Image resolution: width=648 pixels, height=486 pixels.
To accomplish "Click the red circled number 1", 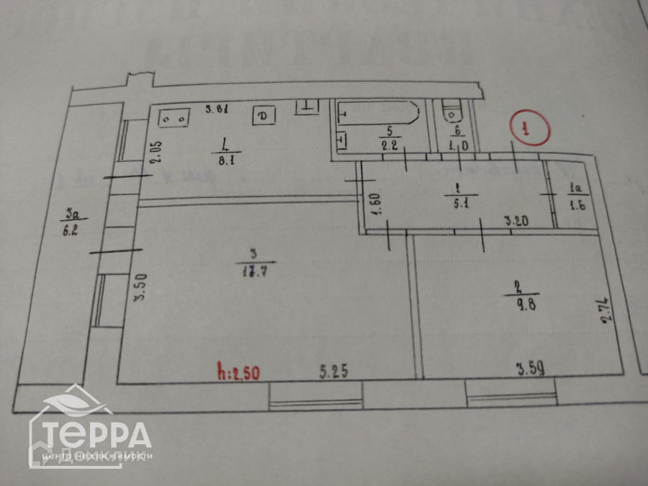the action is [528, 129].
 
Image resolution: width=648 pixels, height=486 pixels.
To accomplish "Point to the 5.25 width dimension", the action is [334, 372].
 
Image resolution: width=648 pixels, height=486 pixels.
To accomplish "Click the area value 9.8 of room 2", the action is [525, 303].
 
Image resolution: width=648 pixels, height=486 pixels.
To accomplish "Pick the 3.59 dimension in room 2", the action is [530, 370].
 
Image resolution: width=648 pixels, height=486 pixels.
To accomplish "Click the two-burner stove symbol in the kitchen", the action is [174, 117].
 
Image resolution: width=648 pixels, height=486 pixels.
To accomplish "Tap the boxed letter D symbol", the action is [263, 115].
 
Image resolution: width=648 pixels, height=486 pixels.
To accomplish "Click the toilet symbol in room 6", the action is [451, 113].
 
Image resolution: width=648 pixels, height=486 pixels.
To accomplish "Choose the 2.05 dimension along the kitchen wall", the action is [157, 153].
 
